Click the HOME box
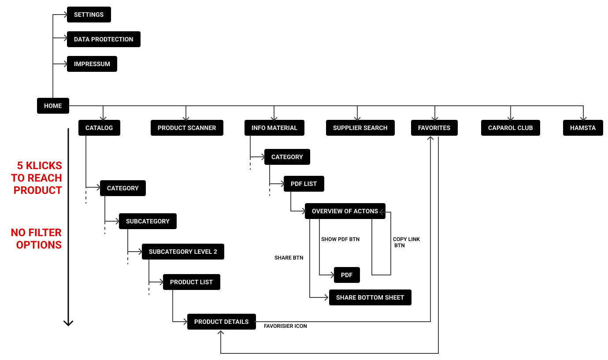coord(53,106)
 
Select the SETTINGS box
coord(89,15)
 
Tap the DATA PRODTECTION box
coord(104,39)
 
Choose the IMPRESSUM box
coord(92,64)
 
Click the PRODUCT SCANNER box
coord(187,128)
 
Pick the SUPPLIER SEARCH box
coord(360,128)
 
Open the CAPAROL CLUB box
coord(510,128)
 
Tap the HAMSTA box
coord(583,128)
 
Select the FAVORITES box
coord(434,128)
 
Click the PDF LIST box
coord(304,184)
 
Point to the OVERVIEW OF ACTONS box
coord(345,211)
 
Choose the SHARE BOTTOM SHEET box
coord(370,297)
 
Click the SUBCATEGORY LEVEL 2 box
coord(183,252)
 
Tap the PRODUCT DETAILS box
coord(222,322)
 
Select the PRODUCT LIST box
coord(191,282)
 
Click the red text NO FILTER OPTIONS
coord(37,239)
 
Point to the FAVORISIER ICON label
coord(285,326)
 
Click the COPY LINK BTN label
coord(406,242)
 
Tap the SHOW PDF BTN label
coord(340,239)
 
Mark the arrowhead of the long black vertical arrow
coord(68,325)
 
